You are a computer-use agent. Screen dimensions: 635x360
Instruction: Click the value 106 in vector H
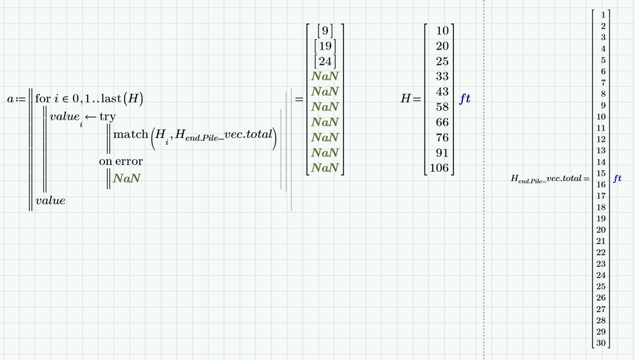[x=439, y=168]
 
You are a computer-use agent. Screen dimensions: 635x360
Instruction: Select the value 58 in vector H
[x=442, y=107]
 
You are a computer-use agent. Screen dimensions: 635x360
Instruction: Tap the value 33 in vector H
[x=442, y=76]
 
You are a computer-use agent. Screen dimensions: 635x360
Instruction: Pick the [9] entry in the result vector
[x=325, y=31]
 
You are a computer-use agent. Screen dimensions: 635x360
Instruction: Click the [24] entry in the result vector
[x=325, y=62]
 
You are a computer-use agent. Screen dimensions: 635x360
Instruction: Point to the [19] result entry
[x=325, y=46]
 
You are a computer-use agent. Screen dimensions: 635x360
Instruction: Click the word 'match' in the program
[x=130, y=134]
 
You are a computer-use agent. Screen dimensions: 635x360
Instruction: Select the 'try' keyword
[x=107, y=117]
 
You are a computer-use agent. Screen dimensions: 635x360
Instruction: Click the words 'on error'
[x=121, y=162]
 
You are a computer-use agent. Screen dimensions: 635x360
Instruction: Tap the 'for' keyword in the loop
[x=43, y=99]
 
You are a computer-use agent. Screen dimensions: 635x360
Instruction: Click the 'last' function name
[x=111, y=99]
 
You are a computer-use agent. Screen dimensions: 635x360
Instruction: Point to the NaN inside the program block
[x=126, y=178]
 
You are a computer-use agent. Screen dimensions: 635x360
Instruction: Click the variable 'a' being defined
[x=11, y=99]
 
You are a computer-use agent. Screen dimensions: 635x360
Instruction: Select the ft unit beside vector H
[x=465, y=99]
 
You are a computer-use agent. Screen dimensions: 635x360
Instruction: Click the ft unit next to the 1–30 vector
[x=617, y=178]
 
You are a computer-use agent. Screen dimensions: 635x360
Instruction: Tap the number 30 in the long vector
[x=601, y=343]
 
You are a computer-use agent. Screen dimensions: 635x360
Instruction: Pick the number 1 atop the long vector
[x=603, y=15]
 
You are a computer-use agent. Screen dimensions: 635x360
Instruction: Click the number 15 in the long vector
[x=601, y=174]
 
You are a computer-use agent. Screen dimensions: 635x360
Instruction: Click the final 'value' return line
[x=50, y=201]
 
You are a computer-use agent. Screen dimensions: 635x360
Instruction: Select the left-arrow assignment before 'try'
[x=90, y=117]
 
